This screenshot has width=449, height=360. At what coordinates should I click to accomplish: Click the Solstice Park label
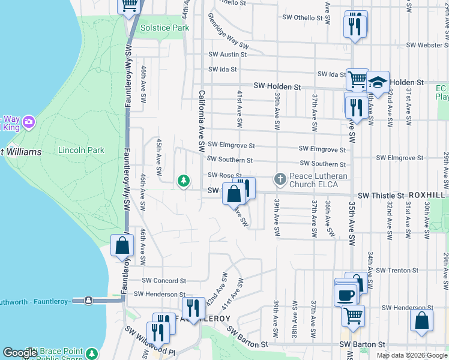pyautogui.click(x=164, y=28)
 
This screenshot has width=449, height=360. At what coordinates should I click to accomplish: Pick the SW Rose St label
pyautogui.click(x=224, y=175)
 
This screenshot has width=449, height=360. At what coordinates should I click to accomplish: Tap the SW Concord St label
pyautogui.click(x=164, y=280)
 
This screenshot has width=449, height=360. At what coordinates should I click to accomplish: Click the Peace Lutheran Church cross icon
pyautogui.click(x=280, y=179)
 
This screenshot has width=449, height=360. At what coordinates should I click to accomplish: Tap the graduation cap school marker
pyautogui.click(x=378, y=82)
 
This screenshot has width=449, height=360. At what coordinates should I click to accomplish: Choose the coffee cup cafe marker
pyautogui.click(x=346, y=295)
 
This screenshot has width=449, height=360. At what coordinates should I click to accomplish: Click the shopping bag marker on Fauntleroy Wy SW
pyautogui.click(x=122, y=246)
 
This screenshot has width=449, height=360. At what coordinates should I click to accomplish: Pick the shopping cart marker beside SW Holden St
pyautogui.click(x=357, y=79)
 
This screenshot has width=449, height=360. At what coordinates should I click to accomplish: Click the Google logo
pyautogui.click(x=20, y=353)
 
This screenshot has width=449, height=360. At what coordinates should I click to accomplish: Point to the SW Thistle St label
pyautogui.click(x=381, y=196)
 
